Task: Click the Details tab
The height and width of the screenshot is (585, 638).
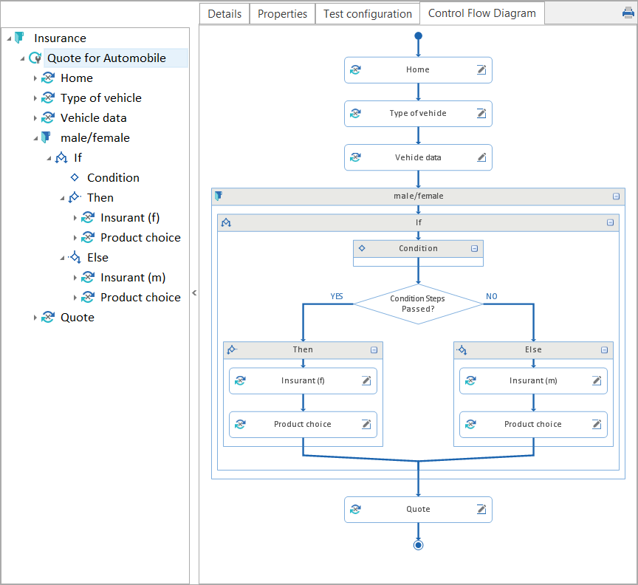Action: point(224,14)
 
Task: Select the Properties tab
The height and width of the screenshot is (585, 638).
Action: point(282,14)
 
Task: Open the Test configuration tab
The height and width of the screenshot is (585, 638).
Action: point(367,14)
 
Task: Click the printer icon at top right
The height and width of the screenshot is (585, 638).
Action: point(628,13)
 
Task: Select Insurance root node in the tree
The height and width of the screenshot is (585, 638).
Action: point(60,38)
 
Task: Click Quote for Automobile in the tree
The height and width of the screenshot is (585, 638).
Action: point(106,58)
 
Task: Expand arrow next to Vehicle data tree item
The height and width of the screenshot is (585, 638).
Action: point(35,118)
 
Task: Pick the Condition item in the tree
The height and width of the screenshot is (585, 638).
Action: point(113,178)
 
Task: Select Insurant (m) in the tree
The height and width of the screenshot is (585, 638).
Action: point(133,278)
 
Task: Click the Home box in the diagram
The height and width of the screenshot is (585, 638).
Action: point(418,70)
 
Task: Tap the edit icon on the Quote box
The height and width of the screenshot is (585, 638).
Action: point(481,510)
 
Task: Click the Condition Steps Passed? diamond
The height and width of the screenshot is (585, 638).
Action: point(418,304)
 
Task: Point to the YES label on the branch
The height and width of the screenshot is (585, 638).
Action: point(337,296)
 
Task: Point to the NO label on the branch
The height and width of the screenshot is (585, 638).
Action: point(491,296)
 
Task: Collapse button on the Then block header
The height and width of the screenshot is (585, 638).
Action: point(374,350)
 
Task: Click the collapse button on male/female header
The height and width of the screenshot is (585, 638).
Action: point(616,196)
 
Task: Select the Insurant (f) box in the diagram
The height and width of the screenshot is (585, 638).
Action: point(303,381)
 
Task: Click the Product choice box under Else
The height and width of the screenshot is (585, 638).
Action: point(533,425)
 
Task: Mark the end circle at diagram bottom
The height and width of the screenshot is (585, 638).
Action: point(418,545)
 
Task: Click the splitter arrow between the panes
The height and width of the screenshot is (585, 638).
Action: point(194,293)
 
